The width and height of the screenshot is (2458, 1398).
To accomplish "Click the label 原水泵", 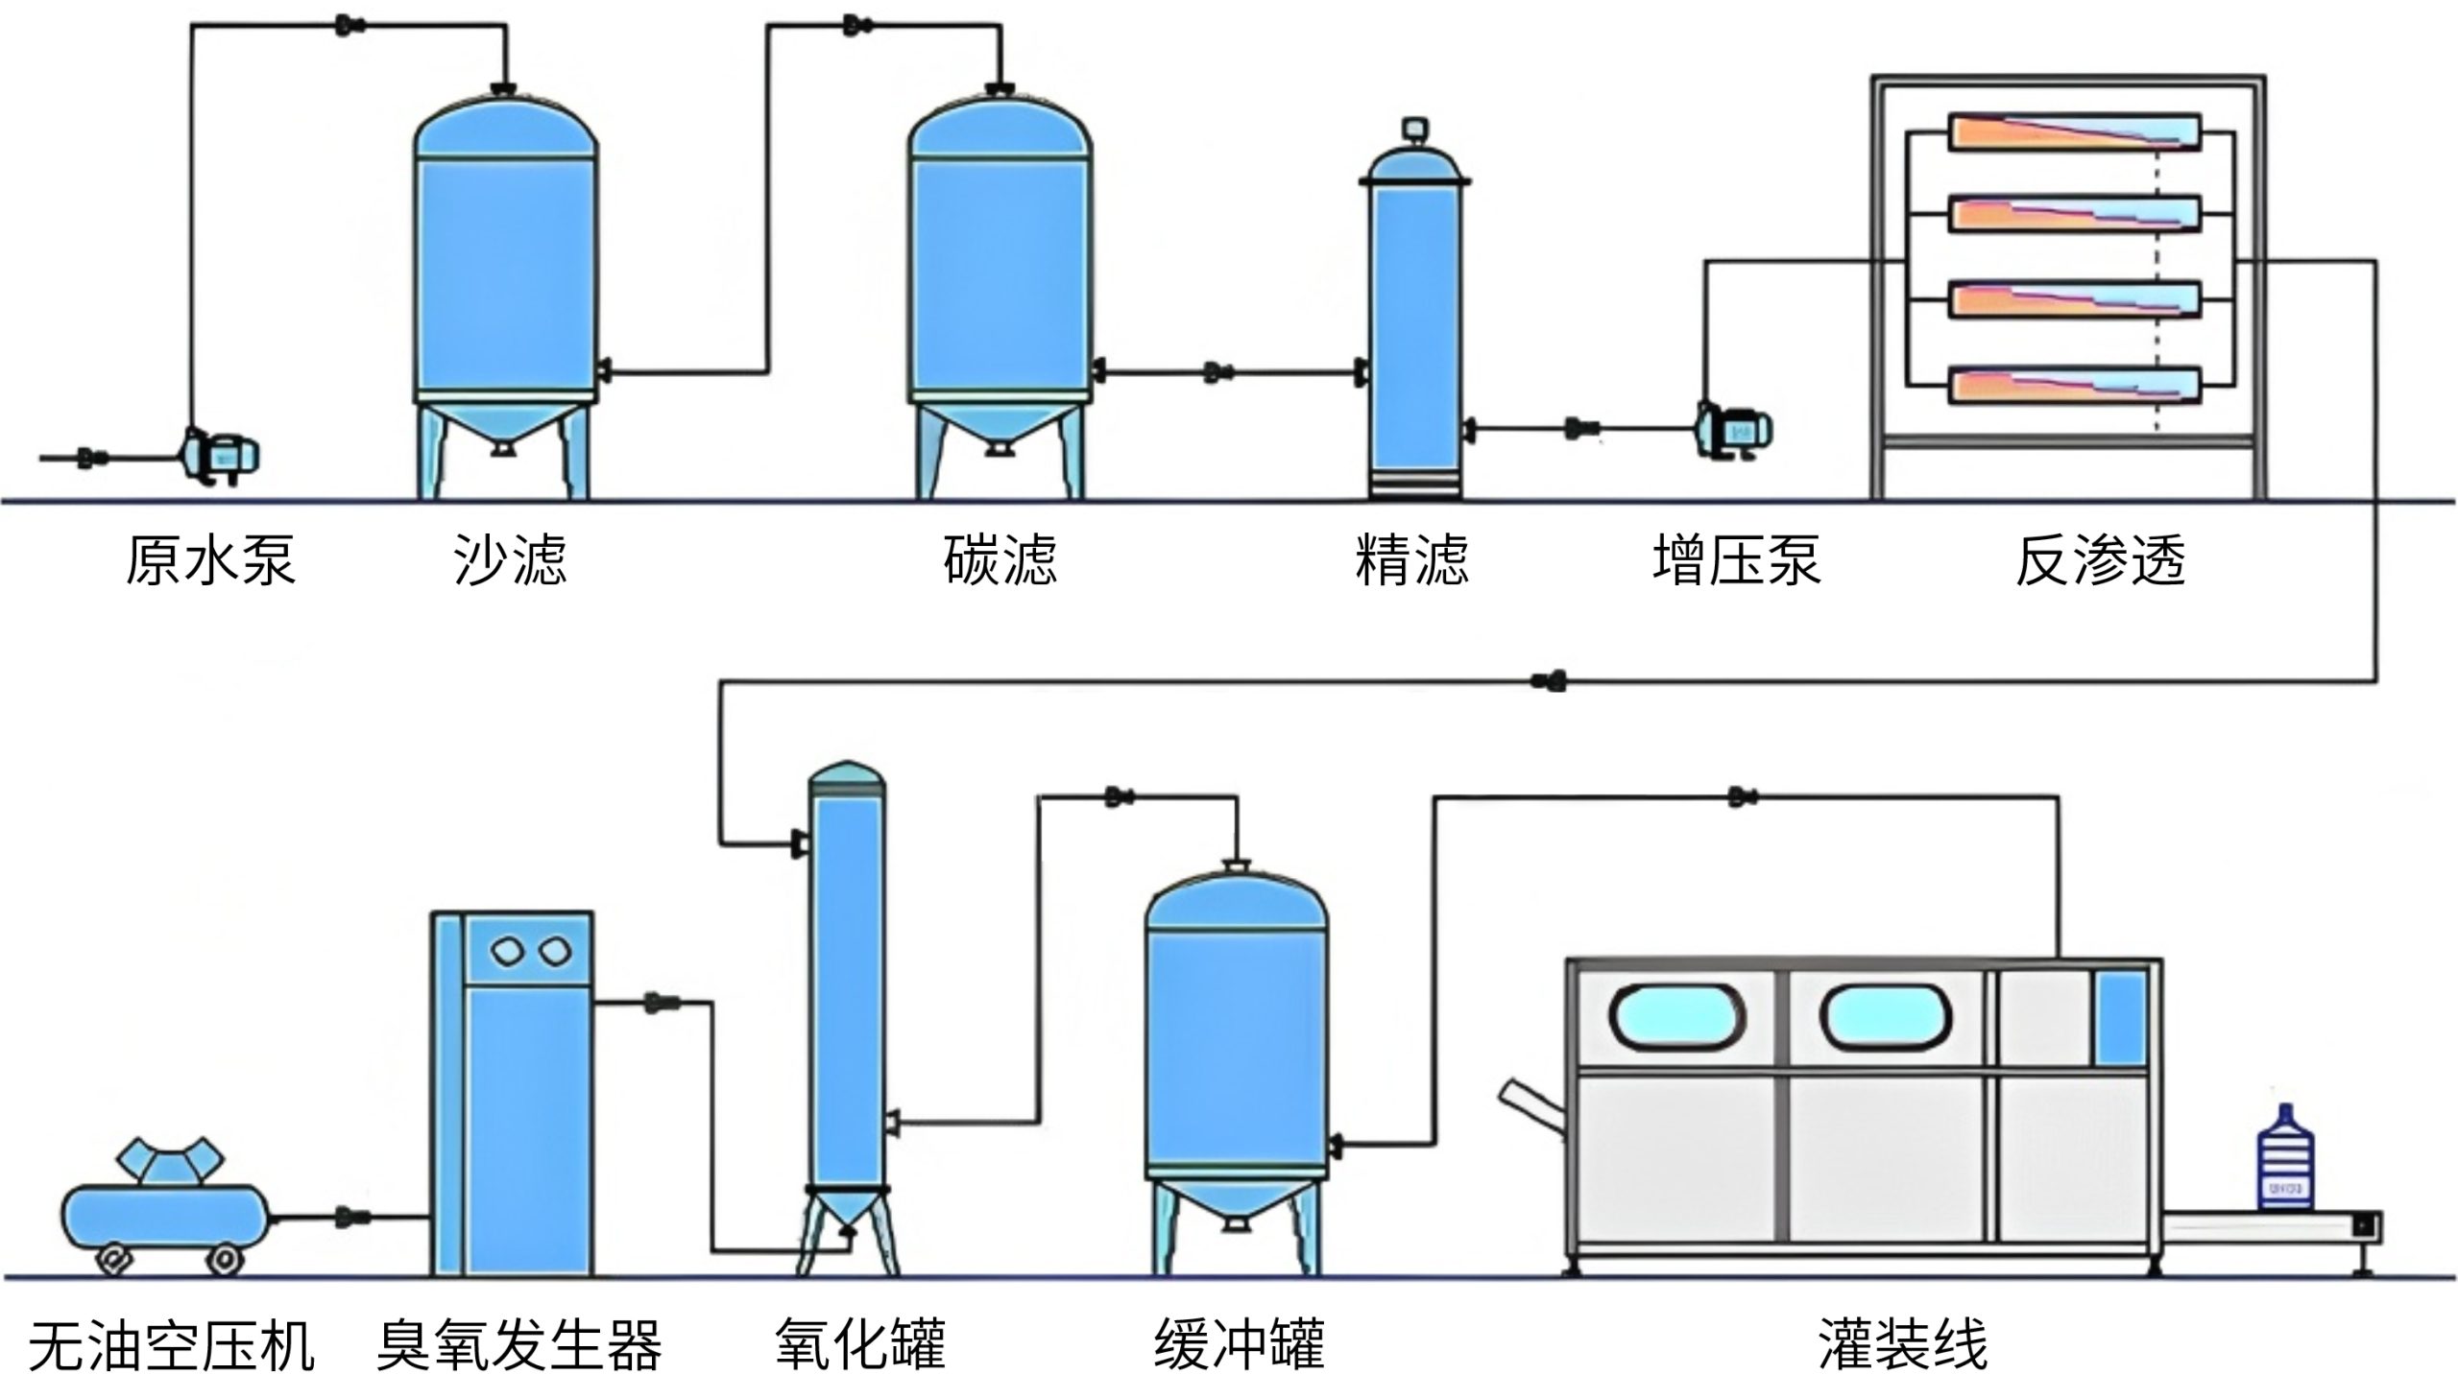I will (209, 560).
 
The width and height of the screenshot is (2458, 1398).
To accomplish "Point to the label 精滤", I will (1411, 560).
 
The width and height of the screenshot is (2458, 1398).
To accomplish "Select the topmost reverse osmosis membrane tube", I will (2073, 132).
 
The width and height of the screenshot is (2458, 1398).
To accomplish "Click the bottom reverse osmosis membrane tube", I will (2073, 385).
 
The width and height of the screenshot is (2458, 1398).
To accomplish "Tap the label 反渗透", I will (2100, 560).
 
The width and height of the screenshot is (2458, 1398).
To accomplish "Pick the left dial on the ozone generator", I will (506, 952).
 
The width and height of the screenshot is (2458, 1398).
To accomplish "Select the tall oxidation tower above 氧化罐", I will (846, 989).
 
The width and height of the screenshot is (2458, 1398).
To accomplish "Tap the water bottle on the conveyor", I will (2284, 1160).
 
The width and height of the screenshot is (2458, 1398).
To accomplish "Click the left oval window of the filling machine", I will (1677, 1017).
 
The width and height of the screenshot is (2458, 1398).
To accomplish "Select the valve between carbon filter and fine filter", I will (1217, 371).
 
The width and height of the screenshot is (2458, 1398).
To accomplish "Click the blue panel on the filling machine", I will (2120, 1018).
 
